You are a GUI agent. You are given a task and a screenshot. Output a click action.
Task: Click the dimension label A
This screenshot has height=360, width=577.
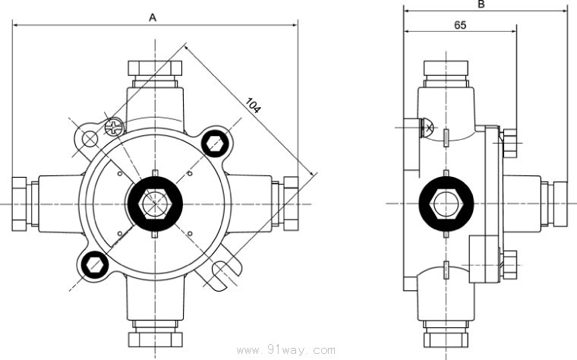[153, 17]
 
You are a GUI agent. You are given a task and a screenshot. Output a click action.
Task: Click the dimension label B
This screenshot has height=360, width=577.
[481, 4]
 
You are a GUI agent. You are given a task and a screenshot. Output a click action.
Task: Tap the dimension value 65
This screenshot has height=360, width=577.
[460, 24]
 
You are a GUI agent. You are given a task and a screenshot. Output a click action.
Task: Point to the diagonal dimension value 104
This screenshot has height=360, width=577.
[253, 106]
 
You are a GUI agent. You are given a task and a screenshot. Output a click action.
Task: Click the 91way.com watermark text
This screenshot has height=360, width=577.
[286, 351]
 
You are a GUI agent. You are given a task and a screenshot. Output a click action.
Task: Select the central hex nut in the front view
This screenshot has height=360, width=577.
[155, 204]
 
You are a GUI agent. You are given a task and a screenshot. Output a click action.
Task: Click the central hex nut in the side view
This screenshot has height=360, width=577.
[447, 204]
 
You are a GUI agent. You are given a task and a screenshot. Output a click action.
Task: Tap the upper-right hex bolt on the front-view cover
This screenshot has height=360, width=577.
[214, 142]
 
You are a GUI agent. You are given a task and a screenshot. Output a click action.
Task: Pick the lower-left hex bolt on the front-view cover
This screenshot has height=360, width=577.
[95, 264]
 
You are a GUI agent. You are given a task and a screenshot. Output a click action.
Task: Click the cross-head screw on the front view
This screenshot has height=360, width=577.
[114, 127]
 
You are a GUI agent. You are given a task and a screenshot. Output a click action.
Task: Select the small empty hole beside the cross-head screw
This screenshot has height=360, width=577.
[90, 138]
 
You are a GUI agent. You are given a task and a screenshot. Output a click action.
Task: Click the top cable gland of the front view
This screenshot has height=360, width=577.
[155, 71]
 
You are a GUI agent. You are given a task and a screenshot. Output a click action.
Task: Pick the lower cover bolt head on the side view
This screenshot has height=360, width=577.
[509, 263]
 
